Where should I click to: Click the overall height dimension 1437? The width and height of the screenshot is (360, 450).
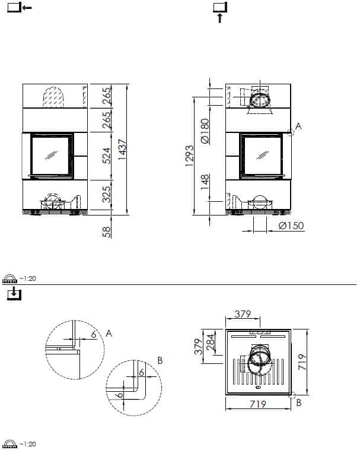(x=123, y=149)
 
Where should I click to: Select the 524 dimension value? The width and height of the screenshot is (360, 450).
(x=107, y=154)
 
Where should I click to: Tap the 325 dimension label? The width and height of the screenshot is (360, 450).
(x=107, y=194)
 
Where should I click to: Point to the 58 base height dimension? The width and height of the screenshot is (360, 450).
(x=107, y=231)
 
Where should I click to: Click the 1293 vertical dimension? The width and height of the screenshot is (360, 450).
(x=190, y=156)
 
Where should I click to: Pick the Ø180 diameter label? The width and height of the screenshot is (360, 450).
(x=205, y=131)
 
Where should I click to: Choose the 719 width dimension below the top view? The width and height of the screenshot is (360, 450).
(x=257, y=404)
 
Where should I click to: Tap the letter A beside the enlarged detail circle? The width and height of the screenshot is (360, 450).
(x=109, y=334)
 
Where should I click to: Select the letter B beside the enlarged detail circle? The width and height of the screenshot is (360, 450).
(x=160, y=360)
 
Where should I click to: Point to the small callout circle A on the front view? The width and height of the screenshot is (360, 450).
(x=291, y=133)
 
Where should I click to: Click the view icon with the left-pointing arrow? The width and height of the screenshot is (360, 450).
(x=18, y=8)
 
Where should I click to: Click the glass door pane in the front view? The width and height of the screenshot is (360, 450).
(x=52, y=155)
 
